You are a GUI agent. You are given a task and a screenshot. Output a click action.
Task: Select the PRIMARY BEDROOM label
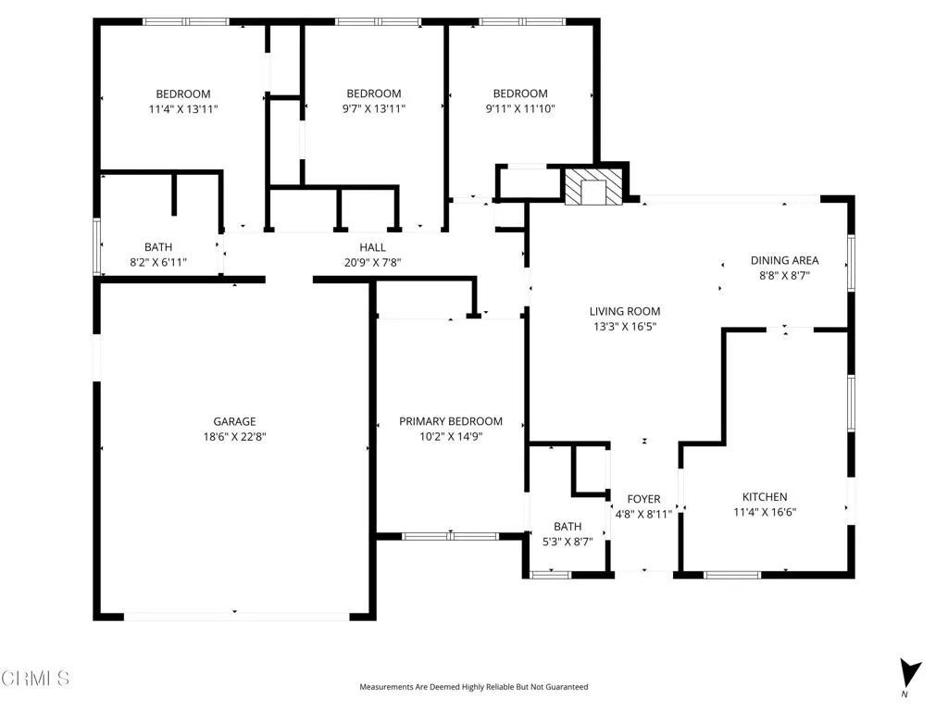(451, 421)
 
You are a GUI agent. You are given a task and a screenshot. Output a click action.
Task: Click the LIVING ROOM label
(625, 312)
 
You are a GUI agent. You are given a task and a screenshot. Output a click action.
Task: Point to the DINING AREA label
(784, 260)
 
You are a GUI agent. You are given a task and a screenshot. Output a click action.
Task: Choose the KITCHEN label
(765, 497)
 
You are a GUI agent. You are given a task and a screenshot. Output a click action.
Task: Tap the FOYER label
(643, 499)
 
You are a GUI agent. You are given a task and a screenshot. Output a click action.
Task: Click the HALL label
(372, 247)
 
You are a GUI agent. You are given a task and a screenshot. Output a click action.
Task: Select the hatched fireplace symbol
(592, 187)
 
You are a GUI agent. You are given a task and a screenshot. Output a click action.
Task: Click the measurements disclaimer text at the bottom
(473, 687)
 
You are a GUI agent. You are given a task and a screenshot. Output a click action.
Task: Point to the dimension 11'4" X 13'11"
(182, 108)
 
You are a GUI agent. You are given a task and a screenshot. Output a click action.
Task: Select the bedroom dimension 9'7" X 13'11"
(373, 108)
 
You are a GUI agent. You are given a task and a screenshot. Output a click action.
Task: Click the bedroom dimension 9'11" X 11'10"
(519, 108)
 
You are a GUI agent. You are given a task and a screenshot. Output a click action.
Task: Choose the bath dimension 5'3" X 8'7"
(568, 542)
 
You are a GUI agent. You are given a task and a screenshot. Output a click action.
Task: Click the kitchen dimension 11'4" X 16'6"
(765, 512)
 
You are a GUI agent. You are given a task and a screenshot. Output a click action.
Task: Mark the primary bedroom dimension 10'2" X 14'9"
(451, 436)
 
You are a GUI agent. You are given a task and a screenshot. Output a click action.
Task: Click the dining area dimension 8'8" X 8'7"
(784, 275)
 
